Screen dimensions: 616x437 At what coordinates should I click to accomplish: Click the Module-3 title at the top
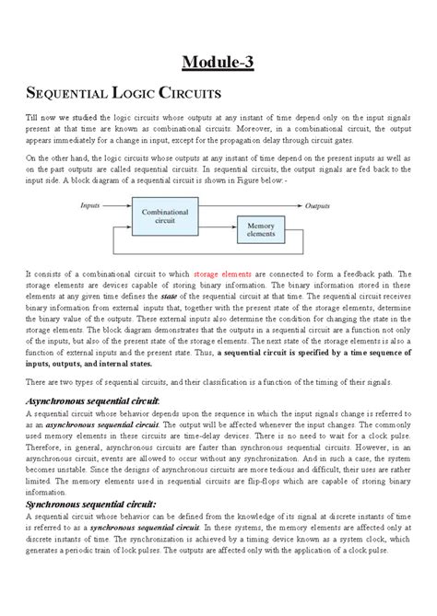218,62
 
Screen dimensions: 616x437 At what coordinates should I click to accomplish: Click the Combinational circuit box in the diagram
163,217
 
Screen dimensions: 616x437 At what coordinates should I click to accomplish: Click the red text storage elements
219,274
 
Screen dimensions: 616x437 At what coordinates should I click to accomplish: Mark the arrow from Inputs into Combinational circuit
117,205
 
